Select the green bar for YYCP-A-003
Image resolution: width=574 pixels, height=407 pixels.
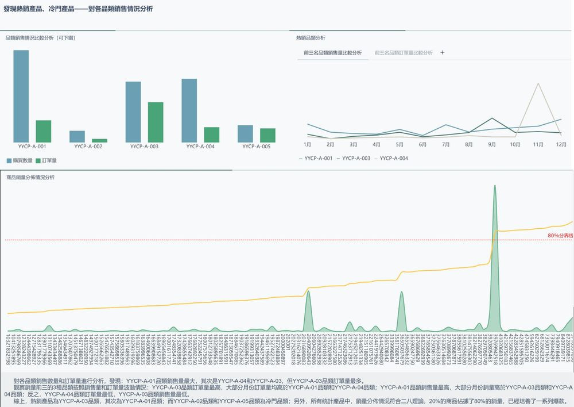(x=156, y=122)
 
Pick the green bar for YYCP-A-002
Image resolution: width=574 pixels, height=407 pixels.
(x=99, y=140)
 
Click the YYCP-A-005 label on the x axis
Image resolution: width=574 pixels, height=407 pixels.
(x=256, y=147)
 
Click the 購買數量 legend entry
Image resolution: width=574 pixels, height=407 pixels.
(x=20, y=160)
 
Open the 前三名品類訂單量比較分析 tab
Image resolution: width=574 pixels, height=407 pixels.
(x=403, y=53)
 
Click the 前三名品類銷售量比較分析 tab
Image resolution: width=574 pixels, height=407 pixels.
(x=333, y=53)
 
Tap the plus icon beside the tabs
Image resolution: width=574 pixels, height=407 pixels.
(x=442, y=52)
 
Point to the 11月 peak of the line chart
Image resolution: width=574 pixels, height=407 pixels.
(x=538, y=84)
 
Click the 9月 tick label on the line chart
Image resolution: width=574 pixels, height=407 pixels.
(x=492, y=144)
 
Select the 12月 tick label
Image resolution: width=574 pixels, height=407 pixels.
(x=561, y=144)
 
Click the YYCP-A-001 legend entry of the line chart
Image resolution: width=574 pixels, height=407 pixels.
(x=315, y=158)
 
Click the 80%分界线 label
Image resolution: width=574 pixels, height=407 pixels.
(x=560, y=236)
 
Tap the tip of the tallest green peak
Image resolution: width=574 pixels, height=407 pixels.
(x=495, y=186)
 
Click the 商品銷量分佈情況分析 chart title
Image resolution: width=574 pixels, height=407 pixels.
(x=30, y=178)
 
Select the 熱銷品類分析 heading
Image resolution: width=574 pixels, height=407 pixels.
(x=311, y=38)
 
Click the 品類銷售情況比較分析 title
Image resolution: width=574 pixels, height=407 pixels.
(x=40, y=38)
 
